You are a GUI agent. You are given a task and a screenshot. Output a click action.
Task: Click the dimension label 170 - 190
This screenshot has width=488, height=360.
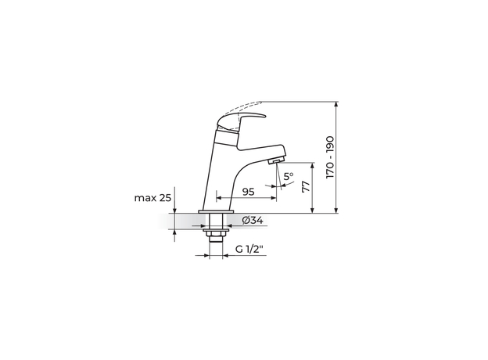coord(330,157)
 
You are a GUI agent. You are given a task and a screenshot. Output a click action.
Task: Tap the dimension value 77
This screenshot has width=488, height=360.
coord(307,186)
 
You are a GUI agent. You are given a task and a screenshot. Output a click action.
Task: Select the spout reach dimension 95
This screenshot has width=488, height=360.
coord(248,192)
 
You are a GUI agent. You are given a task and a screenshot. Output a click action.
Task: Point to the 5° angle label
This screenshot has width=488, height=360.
coord(289,176)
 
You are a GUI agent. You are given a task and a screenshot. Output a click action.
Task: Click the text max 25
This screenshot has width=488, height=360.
coord(152,198)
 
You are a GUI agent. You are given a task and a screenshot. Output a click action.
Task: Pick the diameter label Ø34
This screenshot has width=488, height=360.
coord(253,221)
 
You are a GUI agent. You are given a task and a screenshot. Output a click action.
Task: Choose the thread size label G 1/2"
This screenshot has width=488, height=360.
coord(249,250)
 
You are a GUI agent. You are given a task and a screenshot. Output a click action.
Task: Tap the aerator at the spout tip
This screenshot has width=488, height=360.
coord(275,161)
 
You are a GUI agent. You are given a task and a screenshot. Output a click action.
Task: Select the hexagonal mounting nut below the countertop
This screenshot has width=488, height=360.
coord(216,233)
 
